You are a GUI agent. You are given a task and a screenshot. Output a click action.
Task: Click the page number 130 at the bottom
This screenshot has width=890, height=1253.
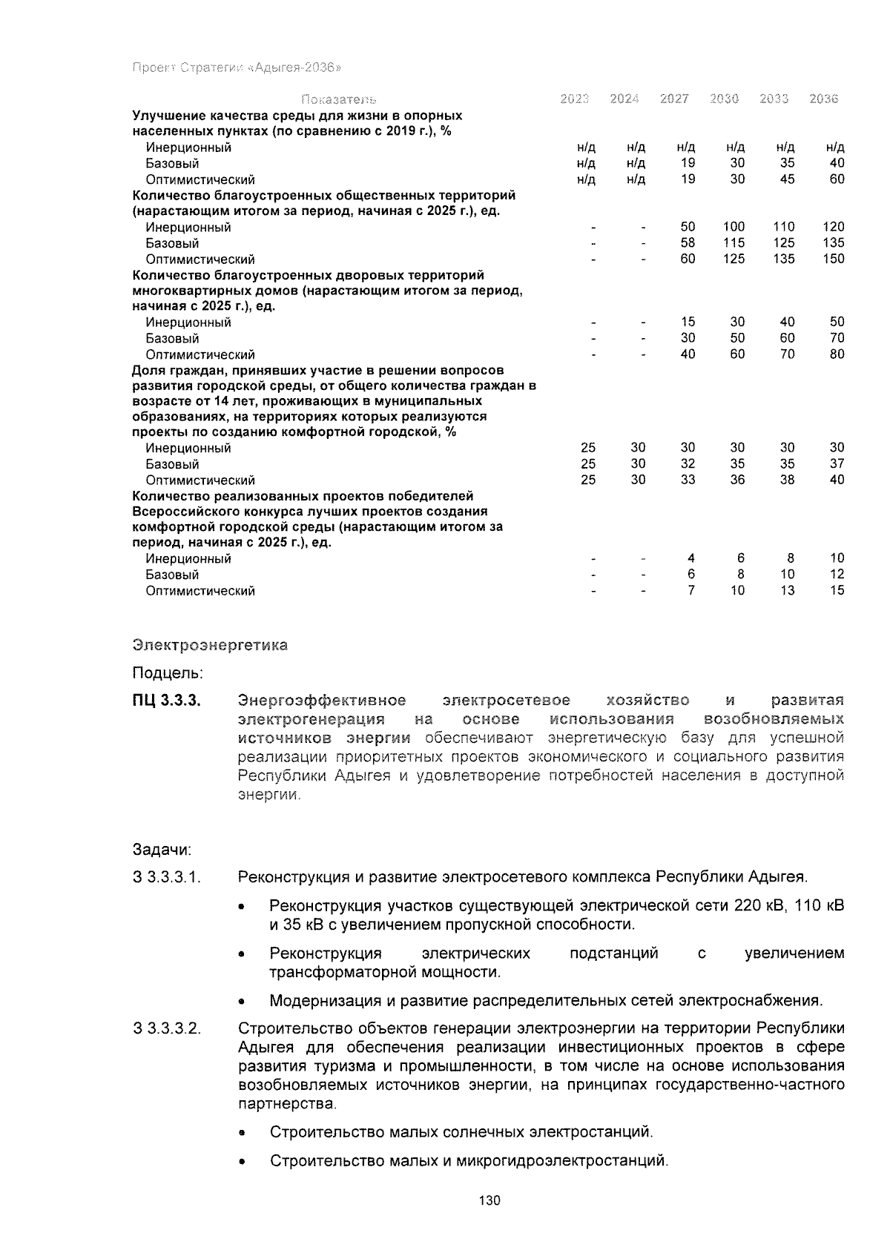coord(489,1200)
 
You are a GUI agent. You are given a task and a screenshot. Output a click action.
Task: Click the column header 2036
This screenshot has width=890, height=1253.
coord(823,99)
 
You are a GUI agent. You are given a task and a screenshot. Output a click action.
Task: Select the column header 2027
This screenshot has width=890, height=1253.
coord(674,99)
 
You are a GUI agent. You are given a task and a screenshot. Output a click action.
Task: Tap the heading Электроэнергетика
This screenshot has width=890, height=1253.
coord(210,645)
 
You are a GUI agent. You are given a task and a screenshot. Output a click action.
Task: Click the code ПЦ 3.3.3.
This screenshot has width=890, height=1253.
coord(167,701)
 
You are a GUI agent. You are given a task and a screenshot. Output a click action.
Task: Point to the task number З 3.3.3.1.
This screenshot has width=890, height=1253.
coord(167,878)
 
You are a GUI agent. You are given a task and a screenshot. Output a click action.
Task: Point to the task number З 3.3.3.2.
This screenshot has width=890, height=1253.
coord(167,1029)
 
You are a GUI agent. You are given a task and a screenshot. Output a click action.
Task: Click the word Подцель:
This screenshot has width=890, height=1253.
coord(168,673)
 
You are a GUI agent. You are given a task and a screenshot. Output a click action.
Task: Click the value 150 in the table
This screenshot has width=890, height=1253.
coord(834,259)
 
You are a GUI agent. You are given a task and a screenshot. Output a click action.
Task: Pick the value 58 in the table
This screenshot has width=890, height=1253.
coord(688,243)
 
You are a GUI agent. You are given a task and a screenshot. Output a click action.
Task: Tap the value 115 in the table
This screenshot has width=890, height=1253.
coord(734,243)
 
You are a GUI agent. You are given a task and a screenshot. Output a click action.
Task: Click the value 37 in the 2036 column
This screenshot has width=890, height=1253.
coord(837,464)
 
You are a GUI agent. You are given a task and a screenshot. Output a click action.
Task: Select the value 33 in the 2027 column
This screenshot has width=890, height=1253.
coord(688,480)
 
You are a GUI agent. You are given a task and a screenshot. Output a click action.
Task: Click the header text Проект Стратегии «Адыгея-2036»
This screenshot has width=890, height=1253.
coord(236,68)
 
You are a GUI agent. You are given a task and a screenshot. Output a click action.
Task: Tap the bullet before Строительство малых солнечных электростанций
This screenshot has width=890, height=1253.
coord(243,1134)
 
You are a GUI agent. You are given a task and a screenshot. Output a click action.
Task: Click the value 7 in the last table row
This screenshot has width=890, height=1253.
coord(691,591)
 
